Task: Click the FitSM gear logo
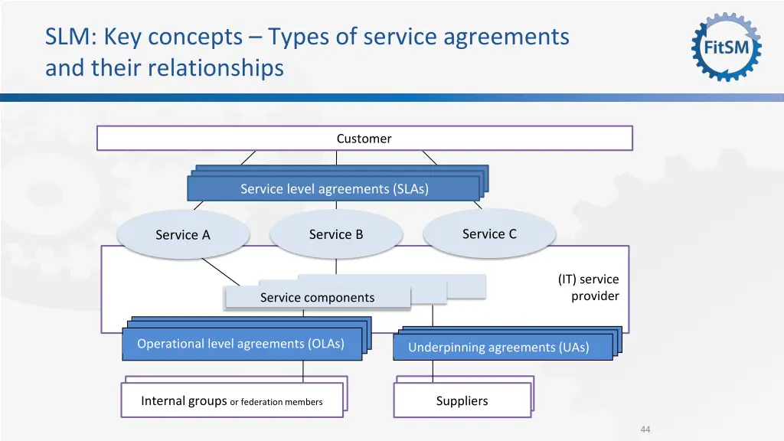[x=727, y=47]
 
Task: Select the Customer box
[x=364, y=139]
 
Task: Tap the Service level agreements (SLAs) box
[x=334, y=188]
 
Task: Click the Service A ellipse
[x=183, y=235]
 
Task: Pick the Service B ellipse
[x=336, y=234]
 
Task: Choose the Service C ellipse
[x=489, y=234]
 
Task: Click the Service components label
[x=317, y=298]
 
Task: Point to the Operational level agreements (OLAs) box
[x=241, y=344]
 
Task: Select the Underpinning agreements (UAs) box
[x=499, y=348]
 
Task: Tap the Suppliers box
[x=462, y=400]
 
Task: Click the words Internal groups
[x=184, y=400]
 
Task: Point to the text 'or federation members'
[x=276, y=402]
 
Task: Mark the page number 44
[x=645, y=430]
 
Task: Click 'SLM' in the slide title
[x=70, y=37]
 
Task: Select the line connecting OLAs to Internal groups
[x=303, y=371]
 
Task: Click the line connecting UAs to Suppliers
[x=433, y=371]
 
